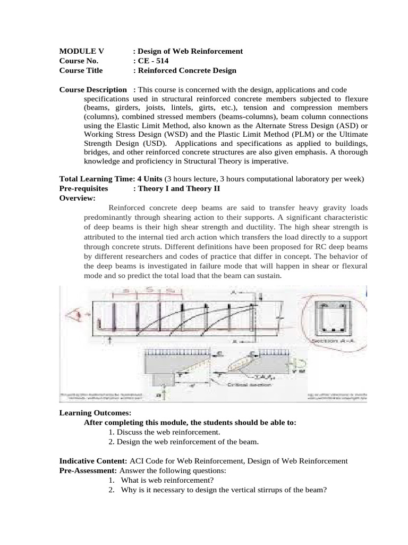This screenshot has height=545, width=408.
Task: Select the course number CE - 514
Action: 154,61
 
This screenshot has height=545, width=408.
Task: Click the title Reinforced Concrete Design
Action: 187,70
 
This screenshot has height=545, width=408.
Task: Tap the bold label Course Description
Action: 93,89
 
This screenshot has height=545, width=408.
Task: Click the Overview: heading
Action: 77,198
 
